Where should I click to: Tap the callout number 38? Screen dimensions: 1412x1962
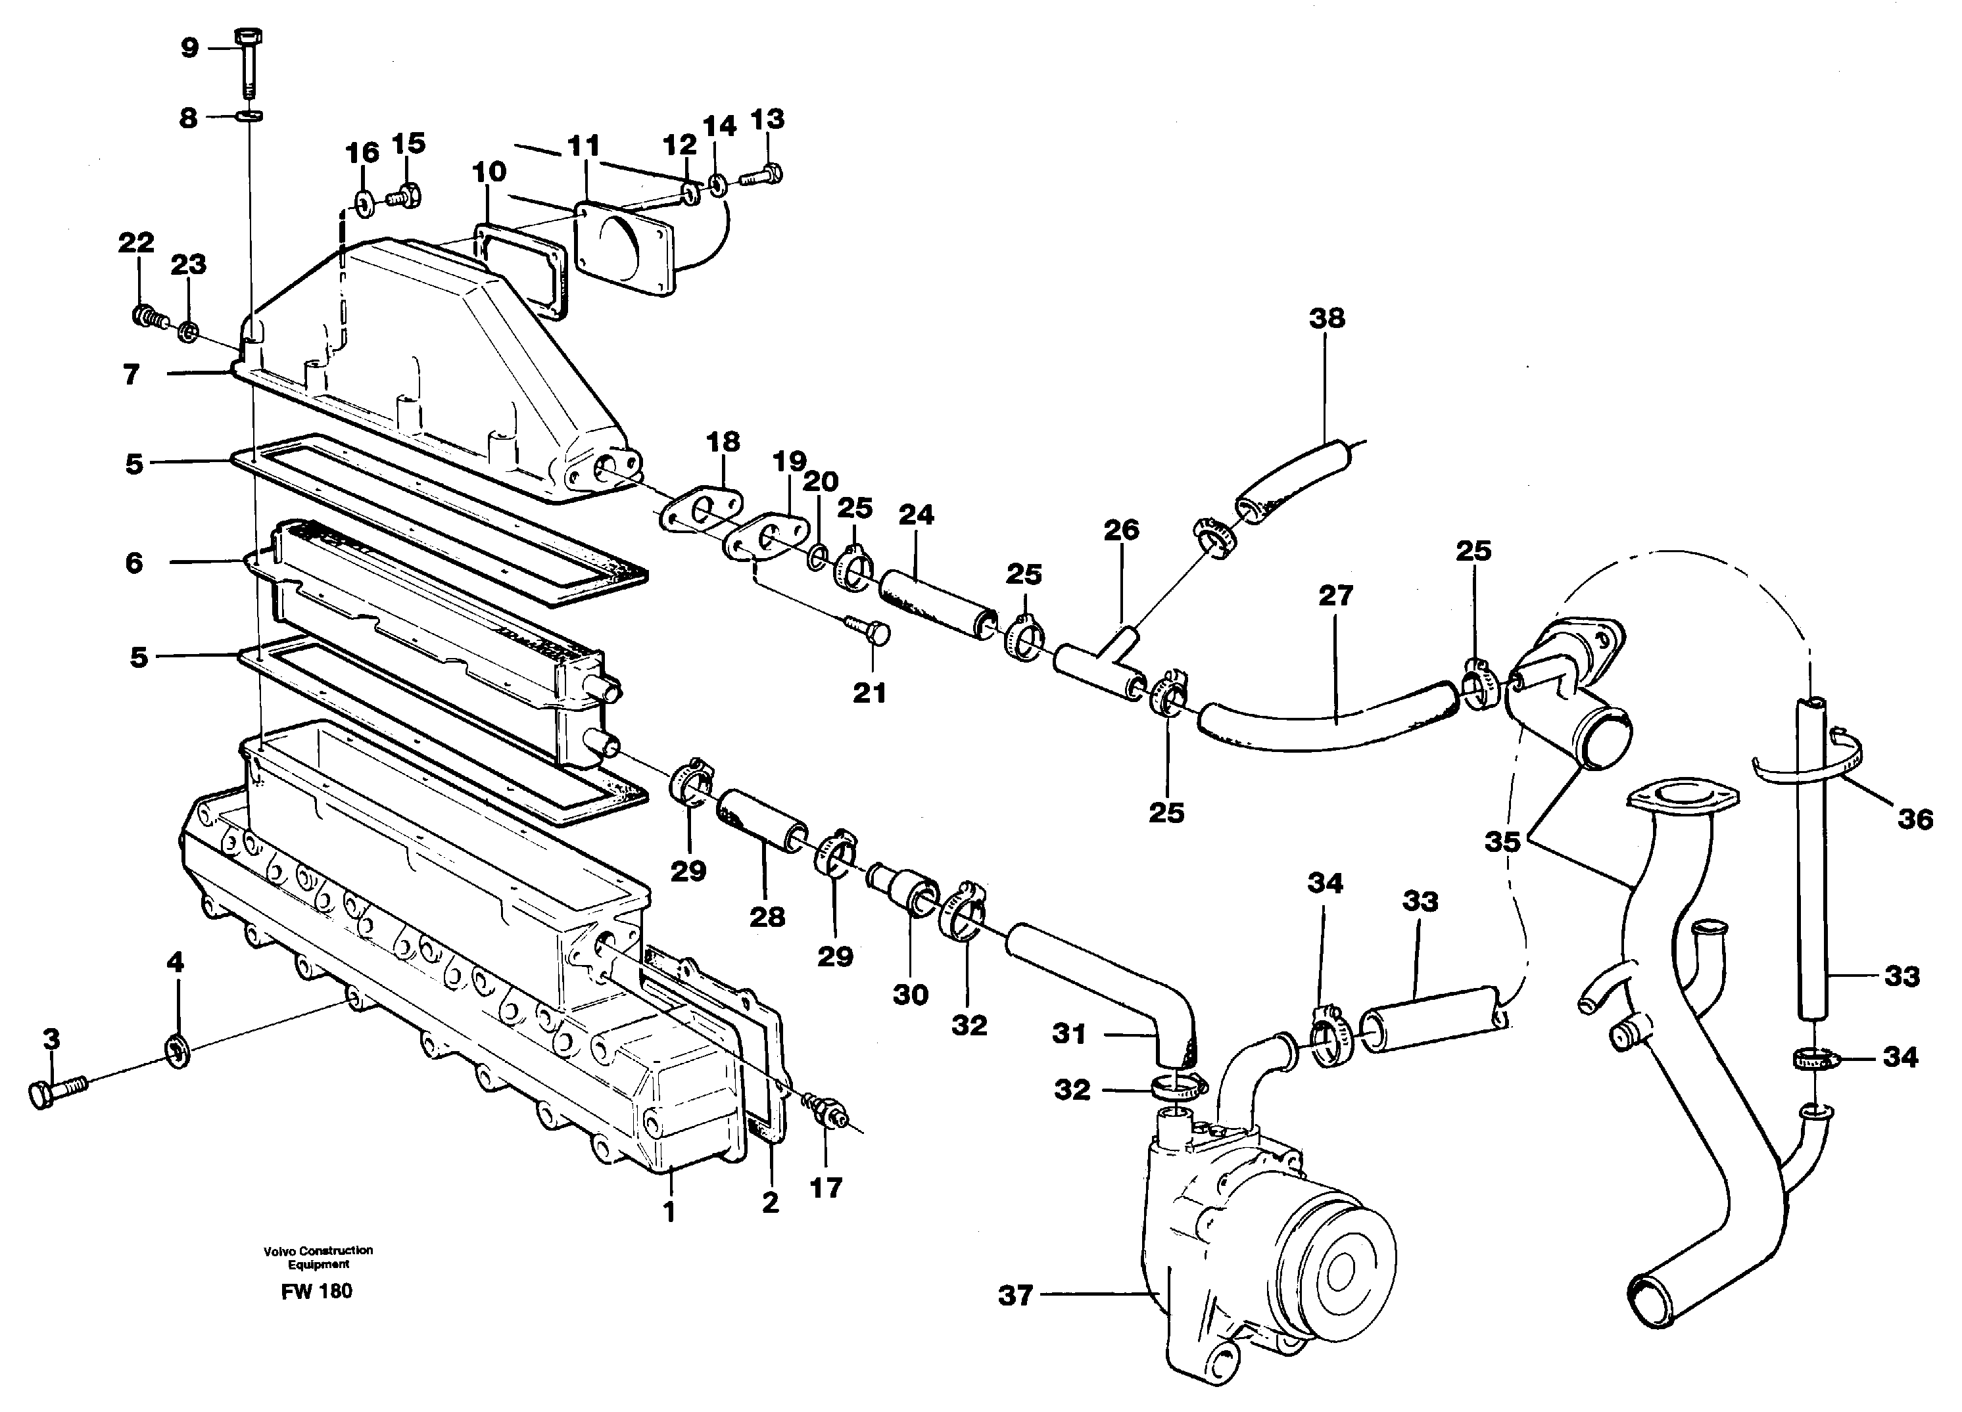(x=1327, y=318)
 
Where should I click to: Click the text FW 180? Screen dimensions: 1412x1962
(x=317, y=1292)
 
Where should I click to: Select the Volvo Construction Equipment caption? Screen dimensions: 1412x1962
(x=318, y=1256)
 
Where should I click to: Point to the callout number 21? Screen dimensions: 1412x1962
(x=869, y=693)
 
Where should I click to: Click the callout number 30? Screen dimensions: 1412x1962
(x=911, y=995)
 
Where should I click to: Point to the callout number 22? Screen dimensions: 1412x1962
(x=136, y=243)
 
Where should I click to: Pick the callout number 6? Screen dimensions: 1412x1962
(x=134, y=564)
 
